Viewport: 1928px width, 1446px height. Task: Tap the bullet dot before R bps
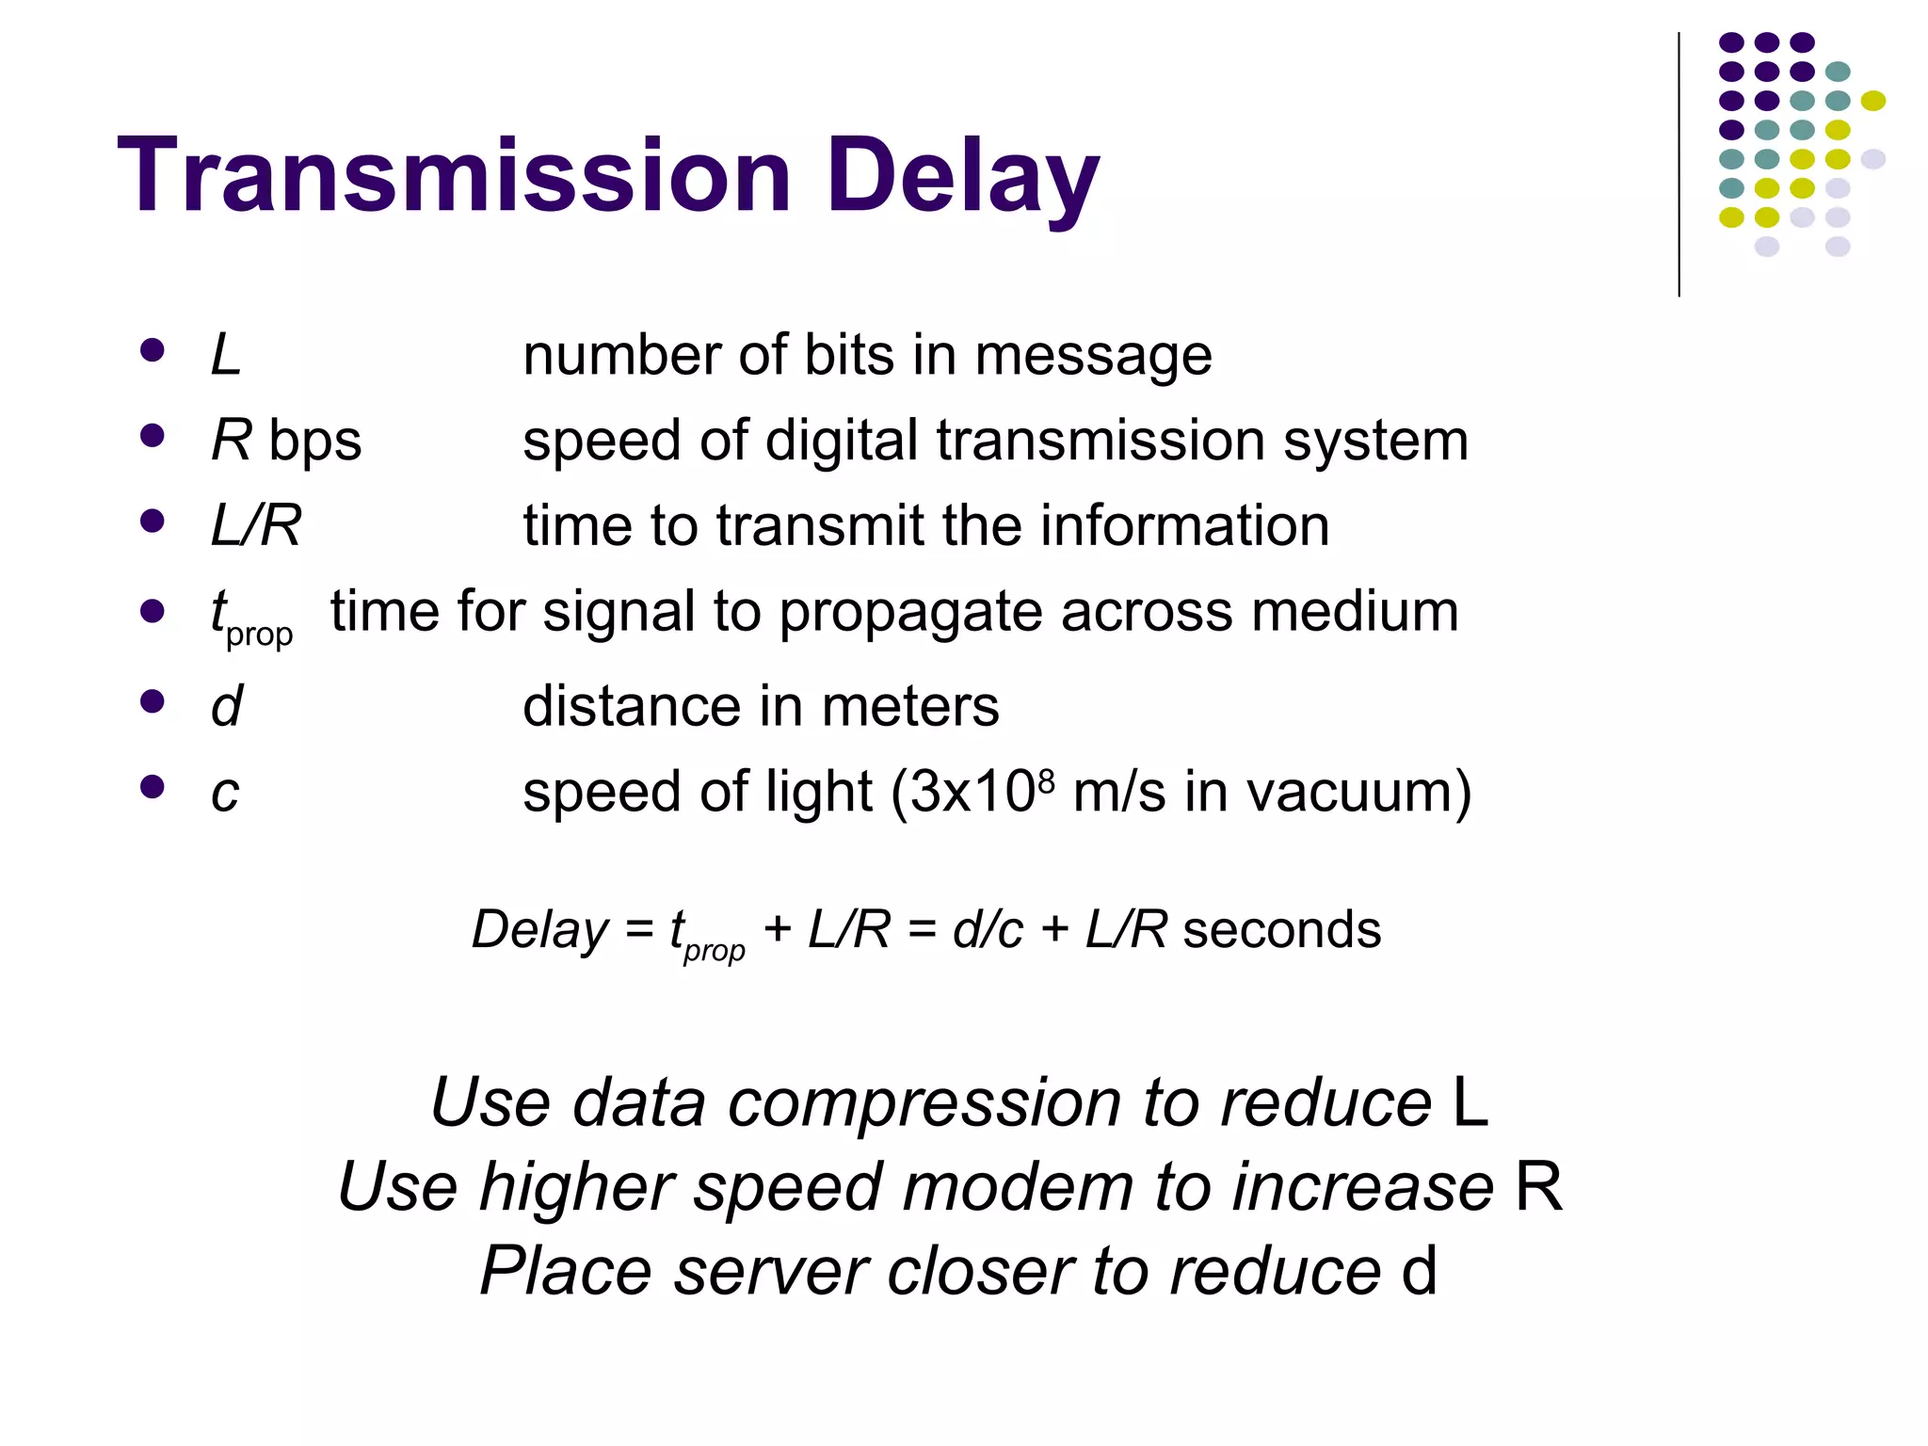click(x=152, y=436)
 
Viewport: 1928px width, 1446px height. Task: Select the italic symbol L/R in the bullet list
click(x=255, y=525)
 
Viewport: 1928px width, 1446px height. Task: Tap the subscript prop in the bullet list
click(x=259, y=635)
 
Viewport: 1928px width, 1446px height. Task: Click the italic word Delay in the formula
click(x=540, y=930)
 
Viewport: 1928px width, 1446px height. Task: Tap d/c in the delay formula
click(x=987, y=930)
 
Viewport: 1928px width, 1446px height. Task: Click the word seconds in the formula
click(x=1281, y=930)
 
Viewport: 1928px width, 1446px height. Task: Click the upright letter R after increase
click(x=1538, y=1187)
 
